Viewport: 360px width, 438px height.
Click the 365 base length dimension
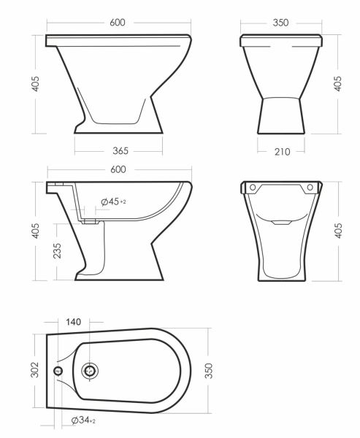coord(120,151)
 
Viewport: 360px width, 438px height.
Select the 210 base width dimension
coord(283,152)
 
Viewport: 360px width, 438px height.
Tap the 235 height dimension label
coord(57,250)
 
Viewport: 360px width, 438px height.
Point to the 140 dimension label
coord(74,322)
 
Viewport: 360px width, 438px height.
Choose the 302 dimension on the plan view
coord(34,369)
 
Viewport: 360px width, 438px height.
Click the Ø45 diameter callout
coord(113,201)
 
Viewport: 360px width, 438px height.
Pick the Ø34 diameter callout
coord(83,420)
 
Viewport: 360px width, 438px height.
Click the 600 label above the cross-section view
coord(118,169)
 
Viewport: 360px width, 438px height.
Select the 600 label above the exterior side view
coord(118,23)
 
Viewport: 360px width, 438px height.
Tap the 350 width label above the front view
coord(280,23)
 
